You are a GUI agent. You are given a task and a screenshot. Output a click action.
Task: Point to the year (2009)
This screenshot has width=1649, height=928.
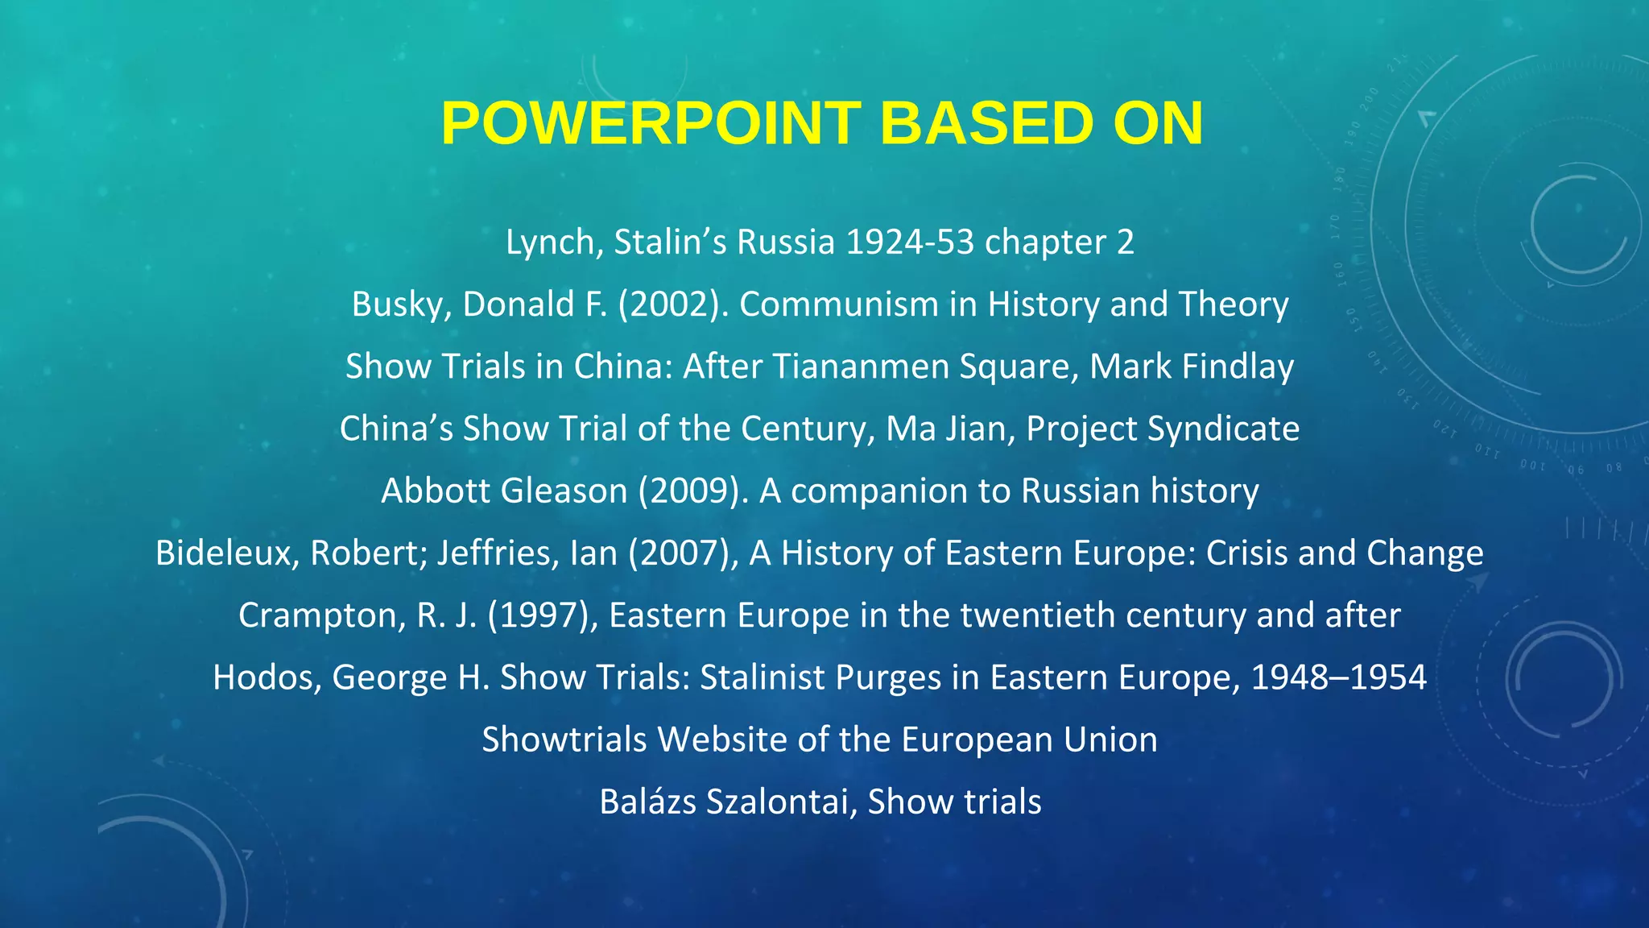693,491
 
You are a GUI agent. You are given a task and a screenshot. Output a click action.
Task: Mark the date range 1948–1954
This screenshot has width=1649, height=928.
1338,677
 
